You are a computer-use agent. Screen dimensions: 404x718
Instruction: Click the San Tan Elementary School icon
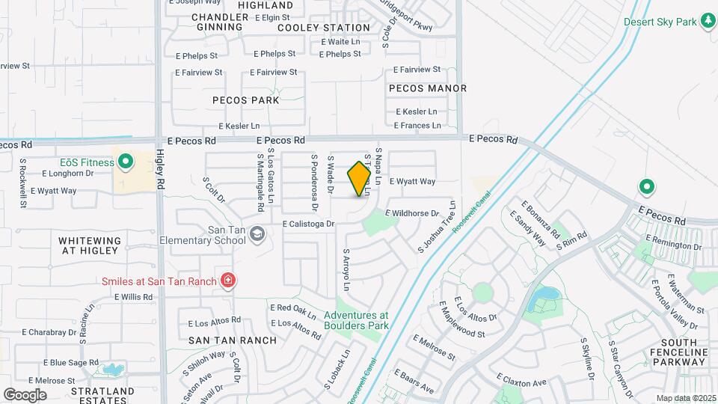pos(257,235)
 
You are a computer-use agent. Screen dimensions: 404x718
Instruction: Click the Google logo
pos(25,394)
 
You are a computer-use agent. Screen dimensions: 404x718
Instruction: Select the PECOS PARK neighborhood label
pos(245,100)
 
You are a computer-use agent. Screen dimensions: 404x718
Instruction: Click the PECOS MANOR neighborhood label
pos(428,88)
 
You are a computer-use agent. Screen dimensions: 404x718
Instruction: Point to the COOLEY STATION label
pos(313,28)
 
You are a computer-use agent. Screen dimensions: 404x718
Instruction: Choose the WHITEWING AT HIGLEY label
pos(90,246)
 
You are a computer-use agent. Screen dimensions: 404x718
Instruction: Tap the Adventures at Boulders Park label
pos(356,320)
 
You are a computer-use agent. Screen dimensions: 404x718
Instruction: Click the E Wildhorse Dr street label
pos(411,213)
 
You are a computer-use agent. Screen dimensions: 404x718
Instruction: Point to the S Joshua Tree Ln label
pos(437,226)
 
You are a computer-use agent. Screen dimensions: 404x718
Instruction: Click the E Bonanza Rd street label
pos(541,219)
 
